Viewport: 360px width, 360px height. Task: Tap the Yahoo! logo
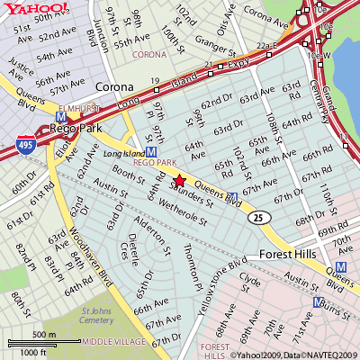(35, 8)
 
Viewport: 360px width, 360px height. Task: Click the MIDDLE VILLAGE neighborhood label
(112, 342)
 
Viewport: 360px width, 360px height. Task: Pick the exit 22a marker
(265, 44)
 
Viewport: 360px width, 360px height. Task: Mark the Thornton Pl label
(188, 261)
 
